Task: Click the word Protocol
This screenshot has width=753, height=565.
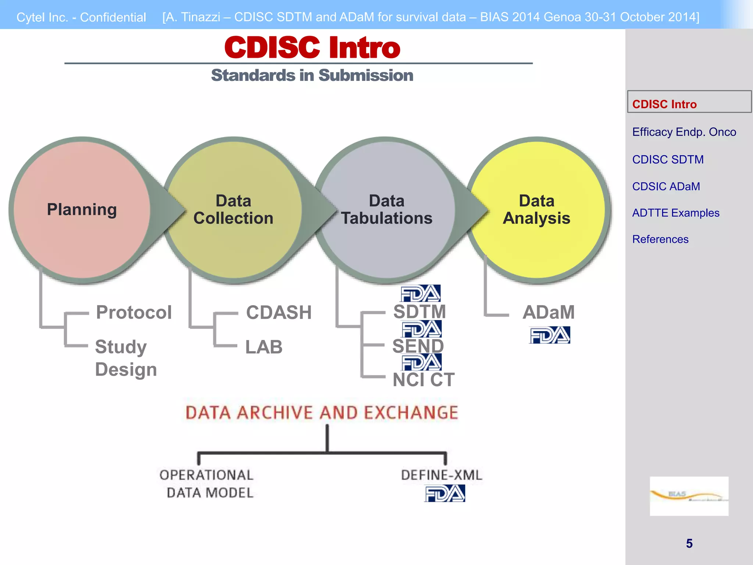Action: tap(134, 312)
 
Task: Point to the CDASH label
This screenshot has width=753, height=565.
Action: tap(279, 313)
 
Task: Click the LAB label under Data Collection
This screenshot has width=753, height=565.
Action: tap(264, 347)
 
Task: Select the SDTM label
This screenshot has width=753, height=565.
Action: tap(420, 312)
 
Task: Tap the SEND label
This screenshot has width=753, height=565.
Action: tap(418, 346)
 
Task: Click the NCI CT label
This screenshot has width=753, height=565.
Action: tap(424, 380)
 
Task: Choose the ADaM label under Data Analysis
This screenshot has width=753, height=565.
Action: tap(549, 312)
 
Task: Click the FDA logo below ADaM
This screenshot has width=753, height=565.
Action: tap(550, 335)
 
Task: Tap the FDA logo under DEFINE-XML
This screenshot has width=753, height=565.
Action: tap(445, 494)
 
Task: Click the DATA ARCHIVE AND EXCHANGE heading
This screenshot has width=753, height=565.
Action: tap(322, 413)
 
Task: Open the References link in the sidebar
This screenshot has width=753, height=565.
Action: tap(660, 239)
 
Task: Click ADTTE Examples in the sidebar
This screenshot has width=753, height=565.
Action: tap(675, 213)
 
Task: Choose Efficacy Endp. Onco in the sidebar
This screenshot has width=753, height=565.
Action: tap(684, 132)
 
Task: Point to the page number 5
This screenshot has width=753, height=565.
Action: tap(689, 543)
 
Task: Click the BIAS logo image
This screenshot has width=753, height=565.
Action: tap(689, 496)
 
